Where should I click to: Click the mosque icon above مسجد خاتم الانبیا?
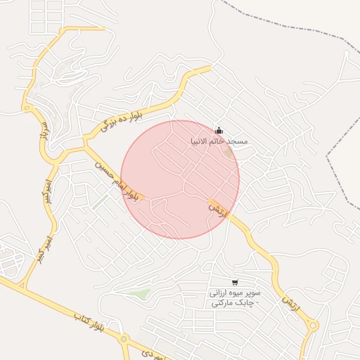point(219,131)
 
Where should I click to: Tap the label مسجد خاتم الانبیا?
point(219,141)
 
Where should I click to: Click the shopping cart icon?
point(234,282)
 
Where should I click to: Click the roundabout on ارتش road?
point(313,326)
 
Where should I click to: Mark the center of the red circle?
point(180,179)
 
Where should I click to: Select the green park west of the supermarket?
point(143,294)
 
